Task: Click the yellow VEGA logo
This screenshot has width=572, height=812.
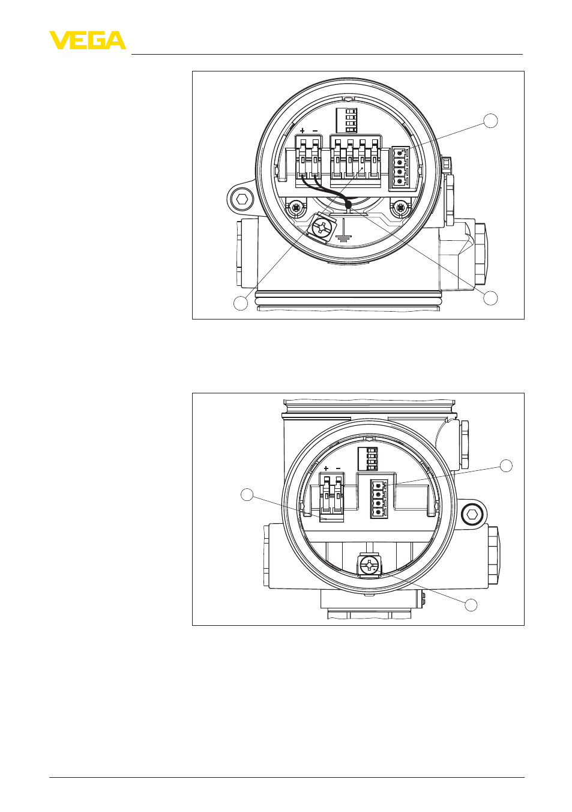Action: pyautogui.click(x=88, y=40)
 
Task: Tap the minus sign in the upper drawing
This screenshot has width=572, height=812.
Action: pyautogui.click(x=315, y=130)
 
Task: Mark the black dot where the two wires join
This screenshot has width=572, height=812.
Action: pyautogui.click(x=349, y=206)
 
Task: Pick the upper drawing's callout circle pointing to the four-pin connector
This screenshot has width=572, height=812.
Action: pyautogui.click(x=491, y=121)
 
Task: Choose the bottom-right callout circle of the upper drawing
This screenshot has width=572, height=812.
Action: pyautogui.click(x=491, y=298)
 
